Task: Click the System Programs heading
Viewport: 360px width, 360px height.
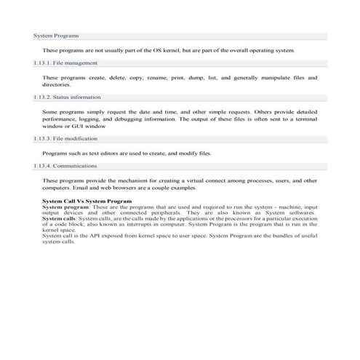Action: click(57, 36)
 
